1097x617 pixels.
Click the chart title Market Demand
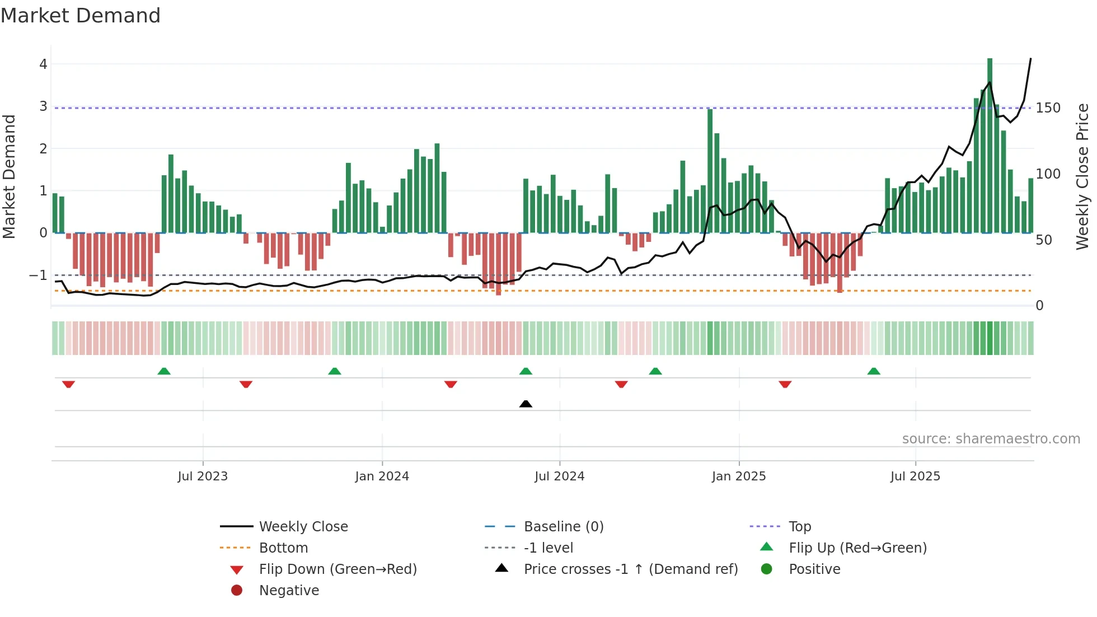81,16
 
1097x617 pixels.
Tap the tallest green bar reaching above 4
990,146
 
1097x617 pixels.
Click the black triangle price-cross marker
526,404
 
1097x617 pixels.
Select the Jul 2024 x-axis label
559,476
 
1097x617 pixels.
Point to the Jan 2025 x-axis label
738,476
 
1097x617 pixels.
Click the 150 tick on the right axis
1048,108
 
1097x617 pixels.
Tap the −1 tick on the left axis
38,275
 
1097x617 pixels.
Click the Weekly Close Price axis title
1082,176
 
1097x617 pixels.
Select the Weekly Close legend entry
303,527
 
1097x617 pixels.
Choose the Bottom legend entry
283,548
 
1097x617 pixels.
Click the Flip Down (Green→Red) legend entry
337,569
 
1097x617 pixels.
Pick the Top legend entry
799,527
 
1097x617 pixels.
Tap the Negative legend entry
289,591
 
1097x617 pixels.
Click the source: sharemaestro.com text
991,439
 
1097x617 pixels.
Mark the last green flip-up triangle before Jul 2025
874,371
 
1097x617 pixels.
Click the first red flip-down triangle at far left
68,384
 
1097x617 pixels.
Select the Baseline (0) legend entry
563,527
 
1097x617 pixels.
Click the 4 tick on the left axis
43,64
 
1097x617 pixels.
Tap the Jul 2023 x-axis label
203,476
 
